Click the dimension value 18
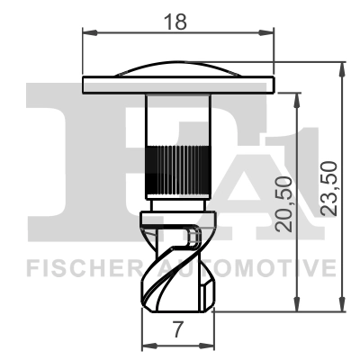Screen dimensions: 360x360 (x=179, y=22)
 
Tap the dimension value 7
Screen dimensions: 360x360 (x=179, y=330)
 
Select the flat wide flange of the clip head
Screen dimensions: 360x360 (x=178, y=85)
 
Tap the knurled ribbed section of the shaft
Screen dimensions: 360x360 (x=178, y=166)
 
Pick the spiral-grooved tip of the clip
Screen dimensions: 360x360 (x=179, y=265)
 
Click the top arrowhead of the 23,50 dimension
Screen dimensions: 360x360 (x=341, y=67)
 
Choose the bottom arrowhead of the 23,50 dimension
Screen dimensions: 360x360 (x=341, y=308)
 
